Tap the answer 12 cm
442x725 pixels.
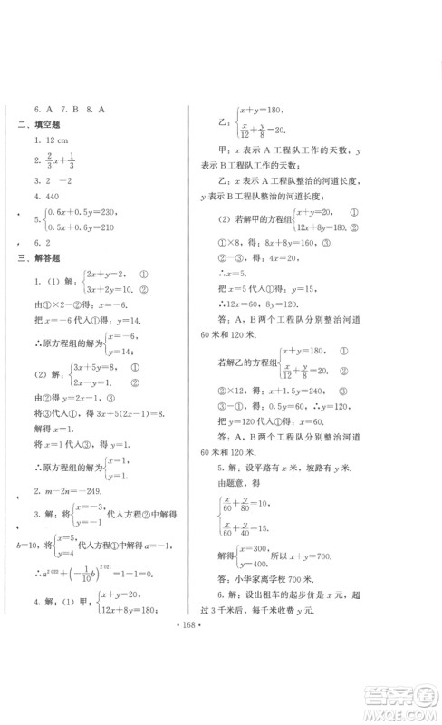click(52, 142)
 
